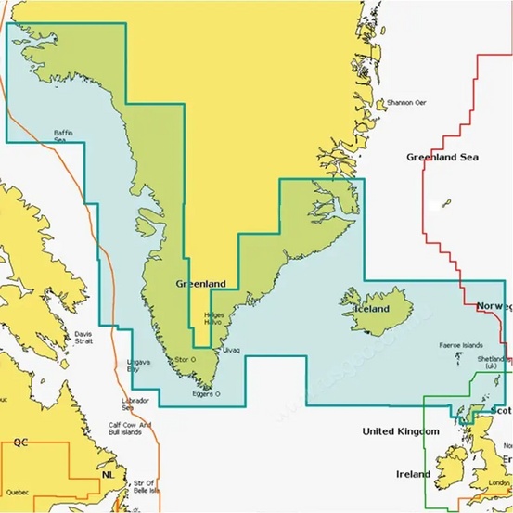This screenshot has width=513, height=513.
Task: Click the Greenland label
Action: (200, 283)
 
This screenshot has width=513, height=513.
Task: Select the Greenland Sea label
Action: (442, 158)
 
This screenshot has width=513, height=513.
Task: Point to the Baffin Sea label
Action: (63, 135)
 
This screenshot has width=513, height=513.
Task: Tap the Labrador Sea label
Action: (135, 404)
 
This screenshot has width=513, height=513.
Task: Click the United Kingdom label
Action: (400, 432)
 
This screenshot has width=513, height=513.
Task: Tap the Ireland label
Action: (414, 474)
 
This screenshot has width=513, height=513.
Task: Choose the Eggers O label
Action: (205, 393)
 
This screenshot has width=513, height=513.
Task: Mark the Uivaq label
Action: (231, 350)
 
